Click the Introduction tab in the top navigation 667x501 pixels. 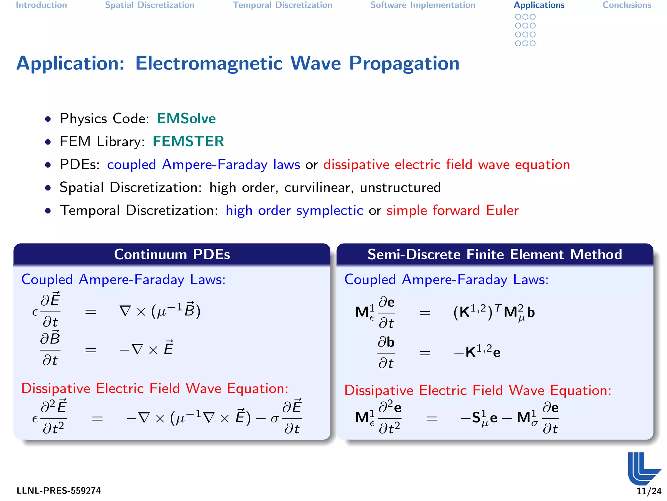click(41, 5)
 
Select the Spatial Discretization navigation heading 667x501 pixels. click(149, 5)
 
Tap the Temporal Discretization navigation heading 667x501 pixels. click(282, 5)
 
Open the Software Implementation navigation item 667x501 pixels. click(423, 5)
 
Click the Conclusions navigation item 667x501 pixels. click(627, 5)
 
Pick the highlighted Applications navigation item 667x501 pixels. click(539, 5)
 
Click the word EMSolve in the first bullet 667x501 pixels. click(186, 118)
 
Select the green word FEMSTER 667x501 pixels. click(188, 141)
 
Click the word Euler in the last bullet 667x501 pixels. click(502, 210)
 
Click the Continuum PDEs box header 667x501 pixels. click(172, 254)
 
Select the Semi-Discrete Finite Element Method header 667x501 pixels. click(495, 254)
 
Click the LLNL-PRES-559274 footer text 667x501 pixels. click(59, 491)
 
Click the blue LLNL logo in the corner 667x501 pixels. click(643, 468)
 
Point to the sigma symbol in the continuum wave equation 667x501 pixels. click(275, 418)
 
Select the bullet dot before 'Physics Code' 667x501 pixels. click(48, 119)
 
